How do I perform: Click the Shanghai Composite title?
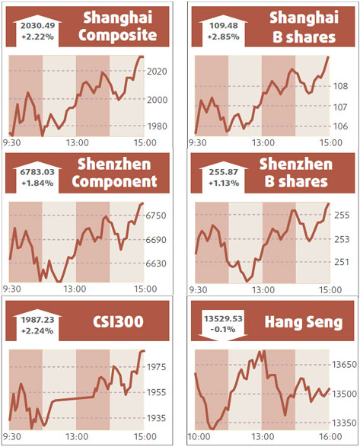pyautogui.click(x=119, y=26)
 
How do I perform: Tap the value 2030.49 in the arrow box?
pyautogui.click(x=39, y=24)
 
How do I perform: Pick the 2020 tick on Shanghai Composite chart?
pyautogui.click(x=156, y=72)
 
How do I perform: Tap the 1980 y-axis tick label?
pyautogui.click(x=156, y=126)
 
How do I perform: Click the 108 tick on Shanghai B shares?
pyautogui.click(x=341, y=86)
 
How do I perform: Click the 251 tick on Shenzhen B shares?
pyautogui.click(x=341, y=262)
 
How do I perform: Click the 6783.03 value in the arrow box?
pyautogui.click(x=39, y=172)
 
